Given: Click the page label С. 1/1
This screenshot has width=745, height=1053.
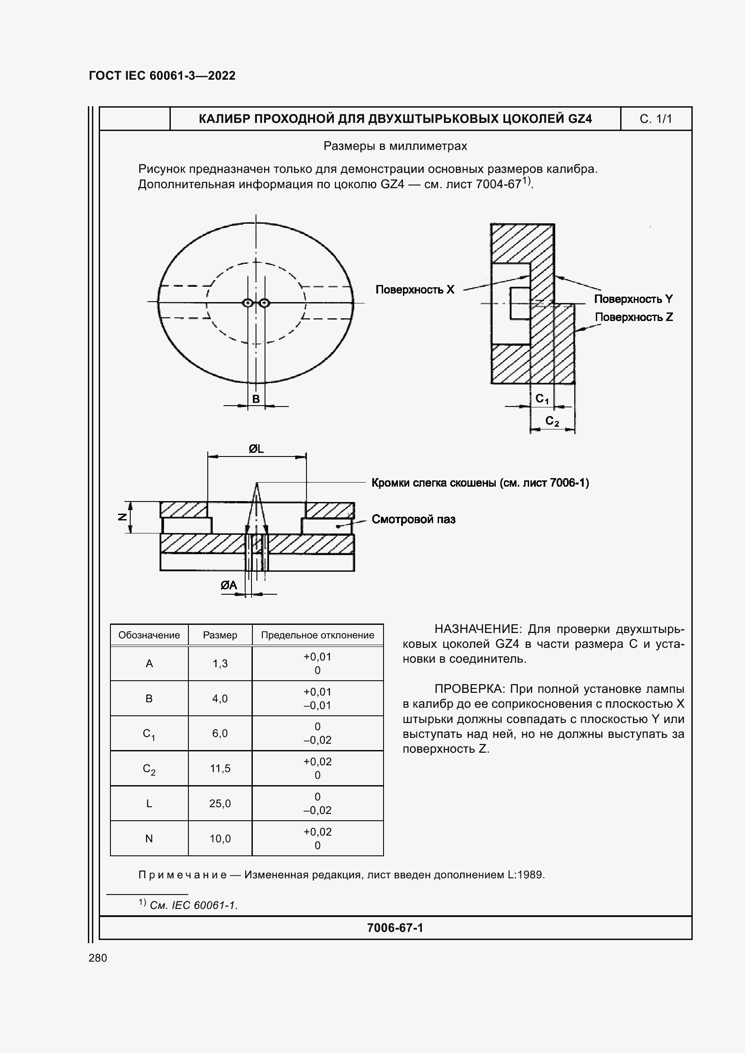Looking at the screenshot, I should click(655, 119).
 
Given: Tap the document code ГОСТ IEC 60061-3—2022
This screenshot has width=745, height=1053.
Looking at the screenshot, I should click(162, 76).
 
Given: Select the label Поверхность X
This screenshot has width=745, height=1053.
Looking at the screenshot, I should click(415, 290).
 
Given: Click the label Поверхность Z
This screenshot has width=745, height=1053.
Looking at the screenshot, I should click(634, 317).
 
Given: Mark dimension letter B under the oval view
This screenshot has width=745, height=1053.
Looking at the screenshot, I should click(256, 399).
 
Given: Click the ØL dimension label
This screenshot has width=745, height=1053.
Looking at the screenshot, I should click(256, 449).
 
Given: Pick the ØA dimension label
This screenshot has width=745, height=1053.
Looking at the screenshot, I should click(229, 585).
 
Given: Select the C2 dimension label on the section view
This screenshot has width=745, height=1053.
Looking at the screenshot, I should click(552, 421).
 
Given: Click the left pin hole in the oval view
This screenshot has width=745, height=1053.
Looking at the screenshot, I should click(248, 303).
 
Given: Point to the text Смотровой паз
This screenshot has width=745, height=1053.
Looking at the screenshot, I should click(413, 520).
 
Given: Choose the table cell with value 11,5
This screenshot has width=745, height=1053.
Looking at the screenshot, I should click(220, 768).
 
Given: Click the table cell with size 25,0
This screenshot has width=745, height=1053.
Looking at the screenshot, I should click(220, 804).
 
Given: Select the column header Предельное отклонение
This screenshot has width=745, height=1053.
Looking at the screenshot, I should click(317, 635).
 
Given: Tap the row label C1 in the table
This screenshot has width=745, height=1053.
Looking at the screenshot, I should click(149, 734).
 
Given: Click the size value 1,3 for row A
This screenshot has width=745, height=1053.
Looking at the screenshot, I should click(220, 664).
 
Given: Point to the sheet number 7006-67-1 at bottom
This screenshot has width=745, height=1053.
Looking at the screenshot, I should click(395, 928).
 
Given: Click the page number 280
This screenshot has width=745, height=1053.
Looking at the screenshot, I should click(98, 958).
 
